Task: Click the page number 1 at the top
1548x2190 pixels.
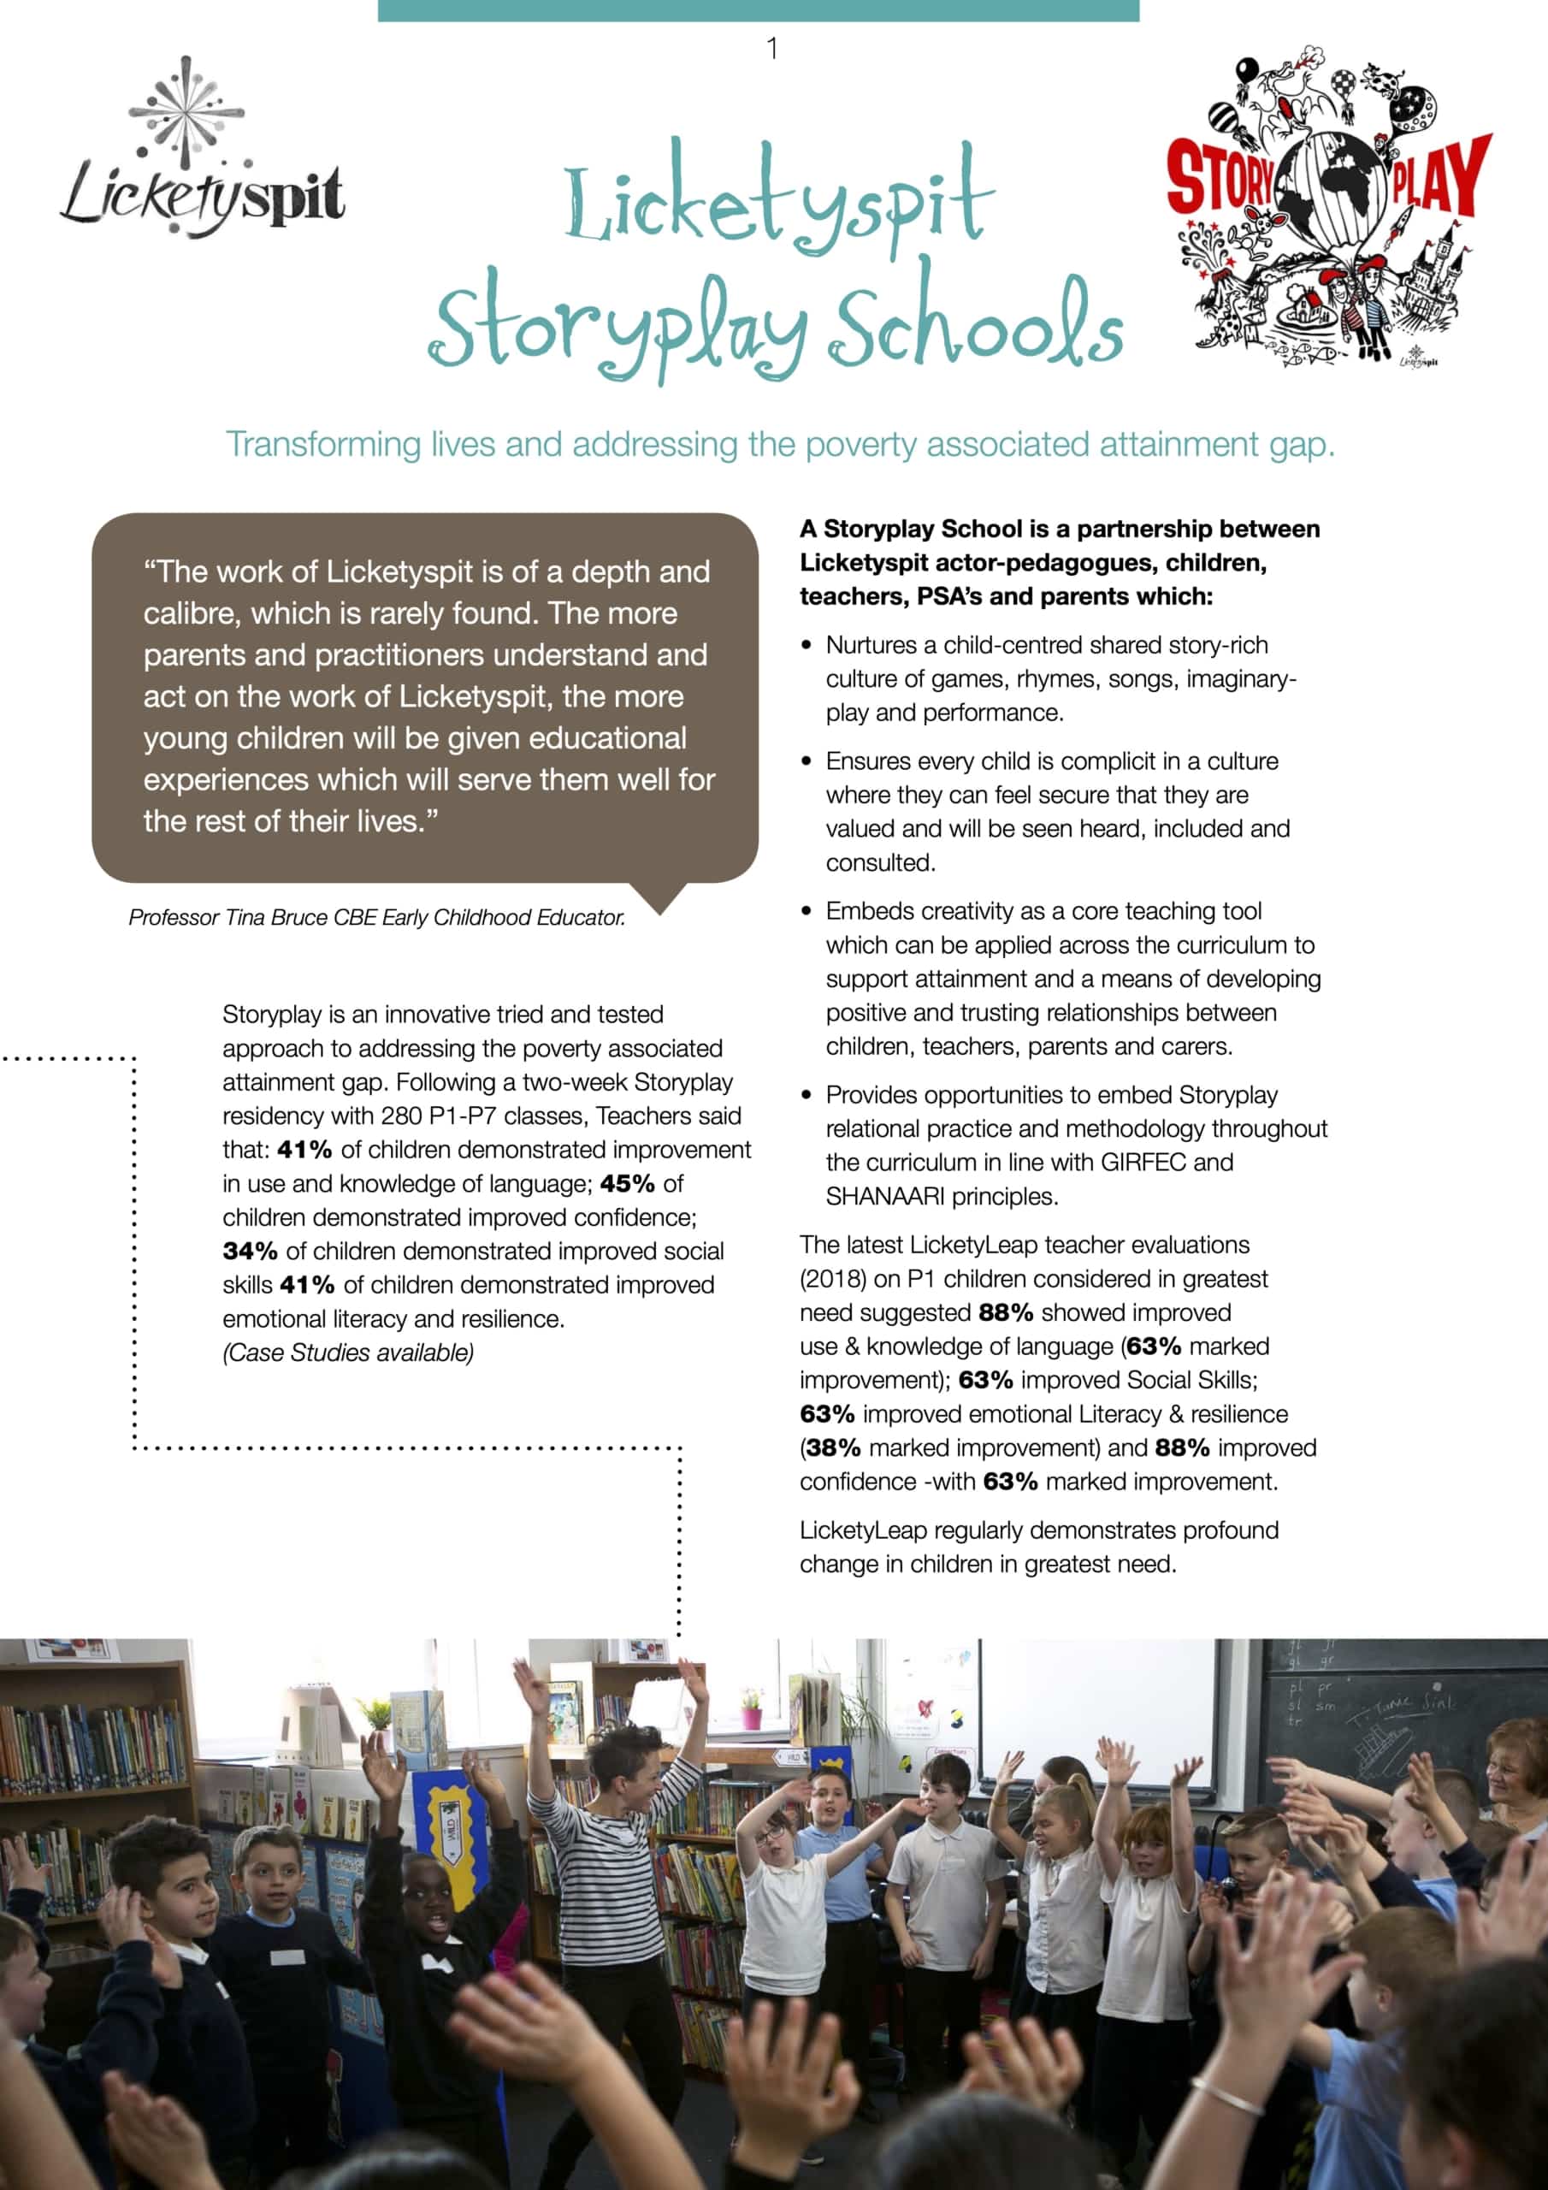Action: [771, 48]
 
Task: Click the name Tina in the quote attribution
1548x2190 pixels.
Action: [246, 918]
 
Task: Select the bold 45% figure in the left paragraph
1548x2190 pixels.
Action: [627, 1184]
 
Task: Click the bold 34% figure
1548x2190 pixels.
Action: [250, 1252]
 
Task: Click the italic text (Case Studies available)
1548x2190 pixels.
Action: [348, 1352]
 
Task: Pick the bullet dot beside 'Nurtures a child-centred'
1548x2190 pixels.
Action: [806, 646]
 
